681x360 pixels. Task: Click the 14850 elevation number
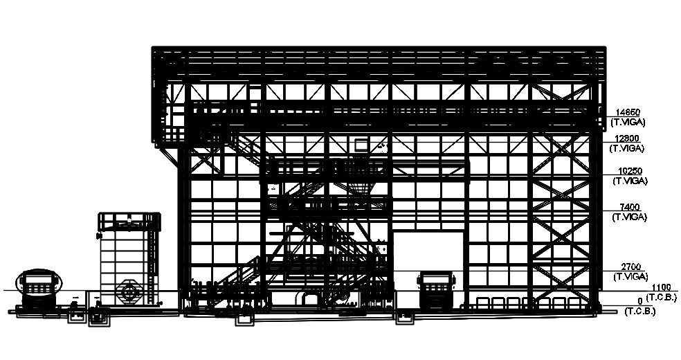click(x=628, y=112)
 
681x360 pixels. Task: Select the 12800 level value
click(x=628, y=138)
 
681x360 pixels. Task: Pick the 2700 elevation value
click(x=630, y=267)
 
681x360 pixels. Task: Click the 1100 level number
click(x=662, y=287)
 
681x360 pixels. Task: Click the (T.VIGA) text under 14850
click(x=628, y=121)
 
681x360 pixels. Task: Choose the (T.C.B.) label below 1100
click(x=662, y=296)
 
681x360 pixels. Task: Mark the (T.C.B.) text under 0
click(x=640, y=311)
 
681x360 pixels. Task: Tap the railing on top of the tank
click(x=129, y=220)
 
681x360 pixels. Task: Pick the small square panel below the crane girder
click(x=361, y=144)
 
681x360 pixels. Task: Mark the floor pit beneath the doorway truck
click(x=405, y=318)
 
